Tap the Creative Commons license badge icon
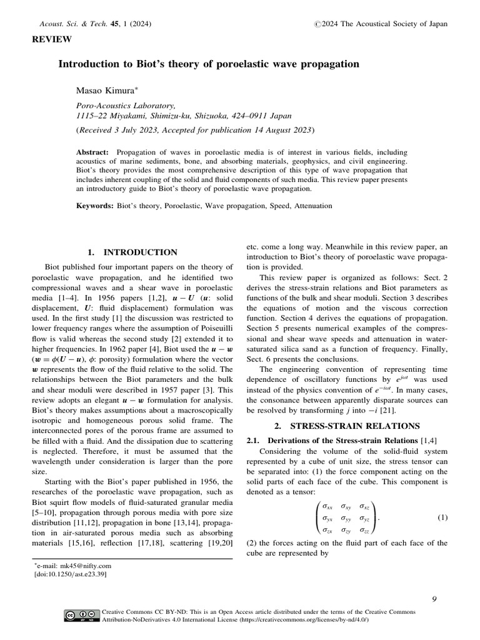tap(82, 616)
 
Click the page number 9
tap(434, 599)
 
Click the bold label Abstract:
tap(92, 152)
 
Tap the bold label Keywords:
tap(94, 205)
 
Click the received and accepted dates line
tap(196, 131)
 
